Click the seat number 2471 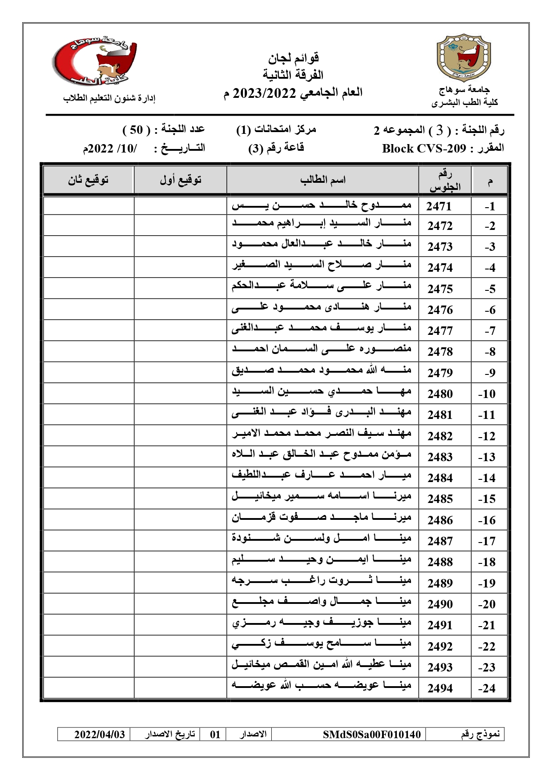[439, 206]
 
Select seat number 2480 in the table [440, 394]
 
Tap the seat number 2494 [440, 688]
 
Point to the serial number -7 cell [490, 331]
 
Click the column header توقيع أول [181, 180]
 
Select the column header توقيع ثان [88, 180]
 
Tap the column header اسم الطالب [322, 180]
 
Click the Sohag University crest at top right [464, 58]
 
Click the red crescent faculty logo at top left [94, 61]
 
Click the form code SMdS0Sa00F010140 [371, 734]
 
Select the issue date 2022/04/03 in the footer [100, 734]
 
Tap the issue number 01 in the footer [215, 734]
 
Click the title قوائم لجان [293, 58]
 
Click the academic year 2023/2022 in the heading [264, 93]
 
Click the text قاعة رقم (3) [276, 148]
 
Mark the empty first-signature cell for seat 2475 [180, 288]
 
